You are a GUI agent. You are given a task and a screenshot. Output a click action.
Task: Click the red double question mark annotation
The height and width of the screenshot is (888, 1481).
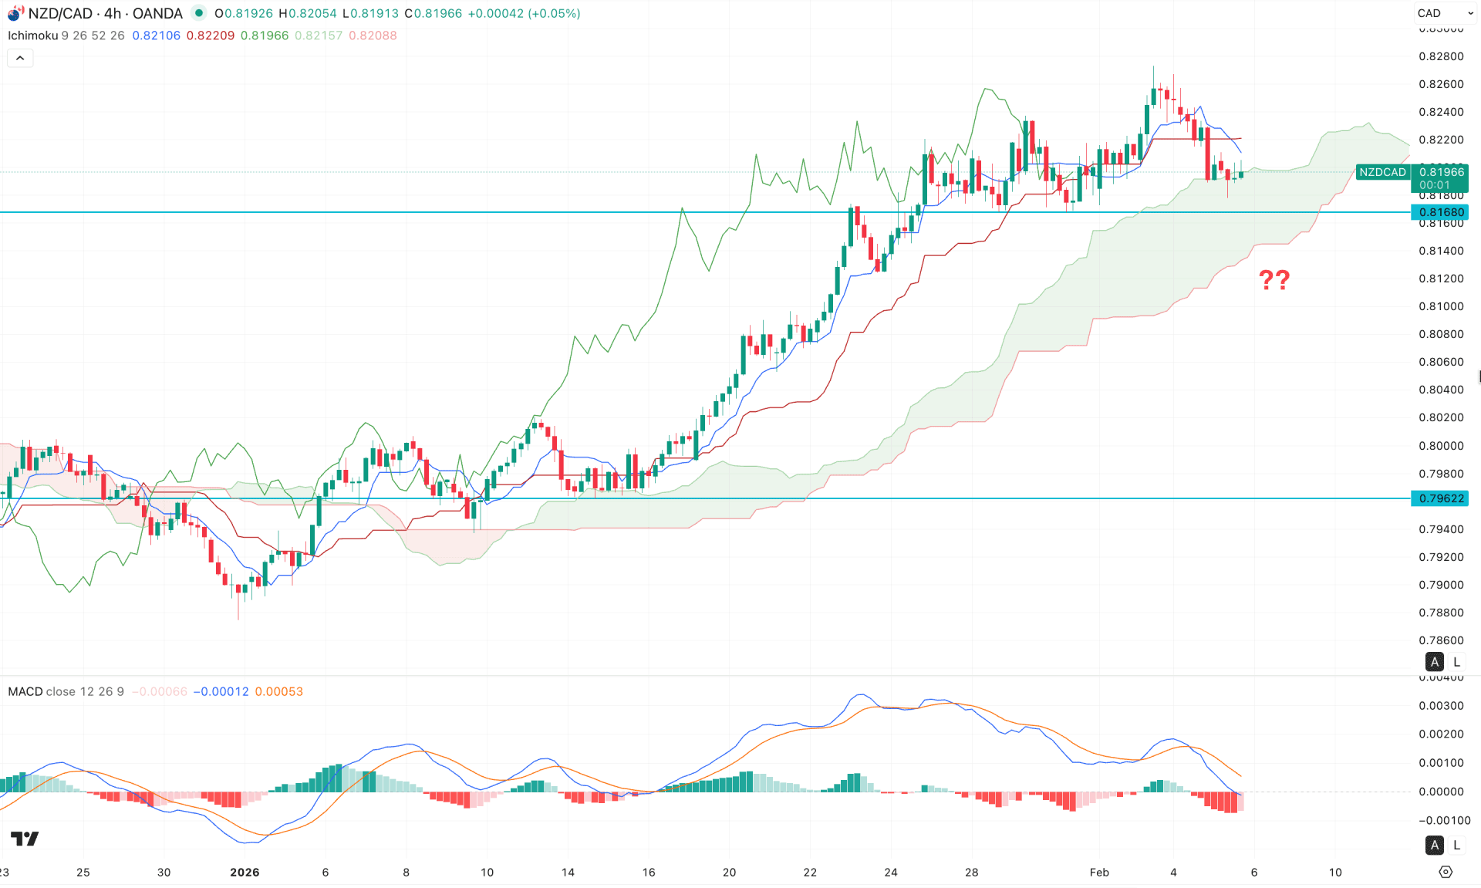(1274, 279)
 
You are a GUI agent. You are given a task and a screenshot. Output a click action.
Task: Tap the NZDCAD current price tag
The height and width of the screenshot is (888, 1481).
(1382, 172)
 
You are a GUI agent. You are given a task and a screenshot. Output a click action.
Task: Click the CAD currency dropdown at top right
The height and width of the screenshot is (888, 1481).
(1444, 13)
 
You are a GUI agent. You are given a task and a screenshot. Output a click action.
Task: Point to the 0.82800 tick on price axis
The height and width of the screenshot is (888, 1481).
(1441, 56)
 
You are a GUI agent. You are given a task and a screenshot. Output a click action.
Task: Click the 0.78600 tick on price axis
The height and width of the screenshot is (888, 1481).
(1441, 640)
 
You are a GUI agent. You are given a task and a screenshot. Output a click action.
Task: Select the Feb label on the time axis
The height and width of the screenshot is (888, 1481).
(1099, 872)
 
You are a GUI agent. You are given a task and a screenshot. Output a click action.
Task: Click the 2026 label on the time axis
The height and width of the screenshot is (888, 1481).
(245, 872)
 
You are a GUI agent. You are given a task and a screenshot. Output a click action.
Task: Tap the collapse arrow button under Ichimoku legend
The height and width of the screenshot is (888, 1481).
(20, 58)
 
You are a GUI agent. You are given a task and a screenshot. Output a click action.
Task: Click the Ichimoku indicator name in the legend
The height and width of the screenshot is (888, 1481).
(32, 35)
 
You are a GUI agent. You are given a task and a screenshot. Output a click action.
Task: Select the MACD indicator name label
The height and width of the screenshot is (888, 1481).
(25, 691)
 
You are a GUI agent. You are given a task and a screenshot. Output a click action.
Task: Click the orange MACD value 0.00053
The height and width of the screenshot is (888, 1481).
(278, 691)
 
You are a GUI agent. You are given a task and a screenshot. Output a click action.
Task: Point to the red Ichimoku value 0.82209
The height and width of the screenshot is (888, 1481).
(210, 35)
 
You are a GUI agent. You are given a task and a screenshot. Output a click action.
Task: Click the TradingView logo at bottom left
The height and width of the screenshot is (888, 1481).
(25, 839)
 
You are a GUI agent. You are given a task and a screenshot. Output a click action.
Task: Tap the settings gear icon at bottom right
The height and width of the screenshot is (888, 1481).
(1446, 872)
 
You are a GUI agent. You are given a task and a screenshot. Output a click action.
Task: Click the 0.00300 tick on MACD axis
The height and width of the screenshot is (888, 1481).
(1441, 706)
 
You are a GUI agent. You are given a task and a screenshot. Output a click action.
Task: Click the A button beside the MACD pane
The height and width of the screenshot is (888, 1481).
(1434, 845)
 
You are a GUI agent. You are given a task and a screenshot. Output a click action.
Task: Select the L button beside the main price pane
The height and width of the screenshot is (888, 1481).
(1456, 662)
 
